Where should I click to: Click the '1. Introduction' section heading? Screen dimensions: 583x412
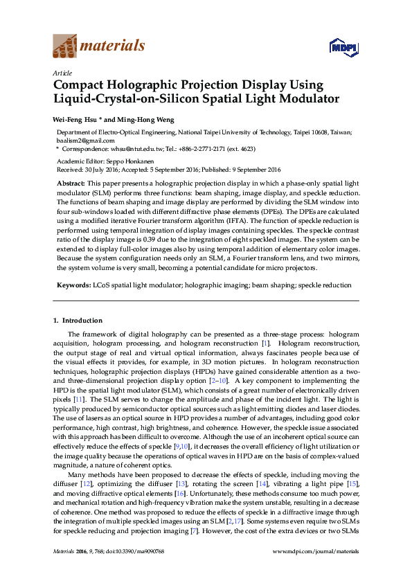click(x=78, y=321)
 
